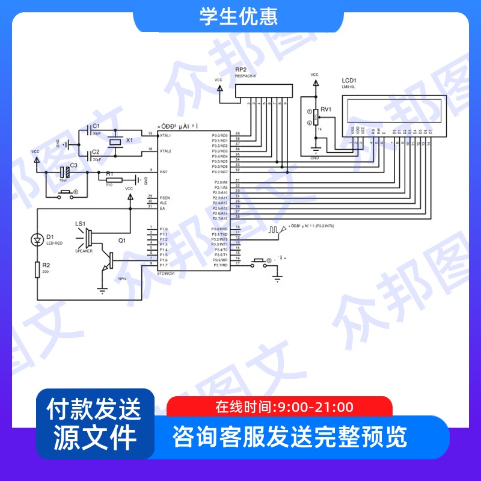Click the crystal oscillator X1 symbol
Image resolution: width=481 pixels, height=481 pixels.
pos(115,141)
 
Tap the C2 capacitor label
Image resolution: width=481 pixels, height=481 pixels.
pos(96,152)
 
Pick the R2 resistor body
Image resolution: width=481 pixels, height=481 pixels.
pos(37,269)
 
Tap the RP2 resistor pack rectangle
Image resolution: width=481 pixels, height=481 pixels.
pos(259,91)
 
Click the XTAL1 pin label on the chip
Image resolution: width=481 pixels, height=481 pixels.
pos(165,135)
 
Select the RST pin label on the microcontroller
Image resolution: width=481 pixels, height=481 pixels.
pos(162,172)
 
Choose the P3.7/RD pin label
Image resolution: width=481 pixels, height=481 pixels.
pos(220,264)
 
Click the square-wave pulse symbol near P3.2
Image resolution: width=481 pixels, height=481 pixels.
pos(274,229)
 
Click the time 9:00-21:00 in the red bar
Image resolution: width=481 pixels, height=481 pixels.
pos(313,407)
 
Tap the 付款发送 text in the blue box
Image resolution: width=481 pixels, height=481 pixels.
pos(94,409)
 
